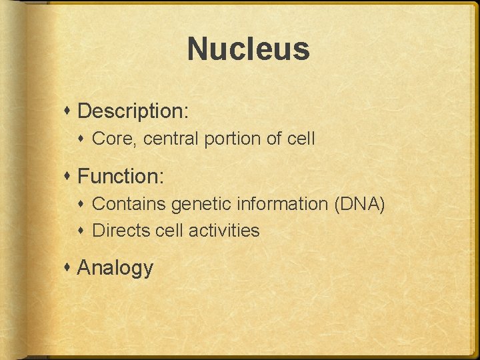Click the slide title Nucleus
[x=248, y=49]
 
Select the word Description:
[x=133, y=111]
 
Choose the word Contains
[x=129, y=204]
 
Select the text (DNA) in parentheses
[x=361, y=204]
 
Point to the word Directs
[x=120, y=231]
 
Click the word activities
[x=224, y=231]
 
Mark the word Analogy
[x=115, y=268]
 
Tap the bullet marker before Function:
[x=69, y=177]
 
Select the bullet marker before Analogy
[x=69, y=268]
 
